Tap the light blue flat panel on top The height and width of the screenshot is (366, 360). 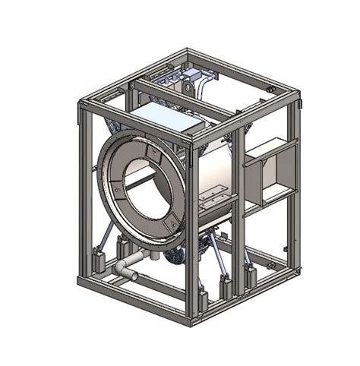click(163, 118)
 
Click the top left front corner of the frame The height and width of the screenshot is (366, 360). click(81, 105)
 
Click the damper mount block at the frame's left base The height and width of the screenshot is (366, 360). click(94, 262)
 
